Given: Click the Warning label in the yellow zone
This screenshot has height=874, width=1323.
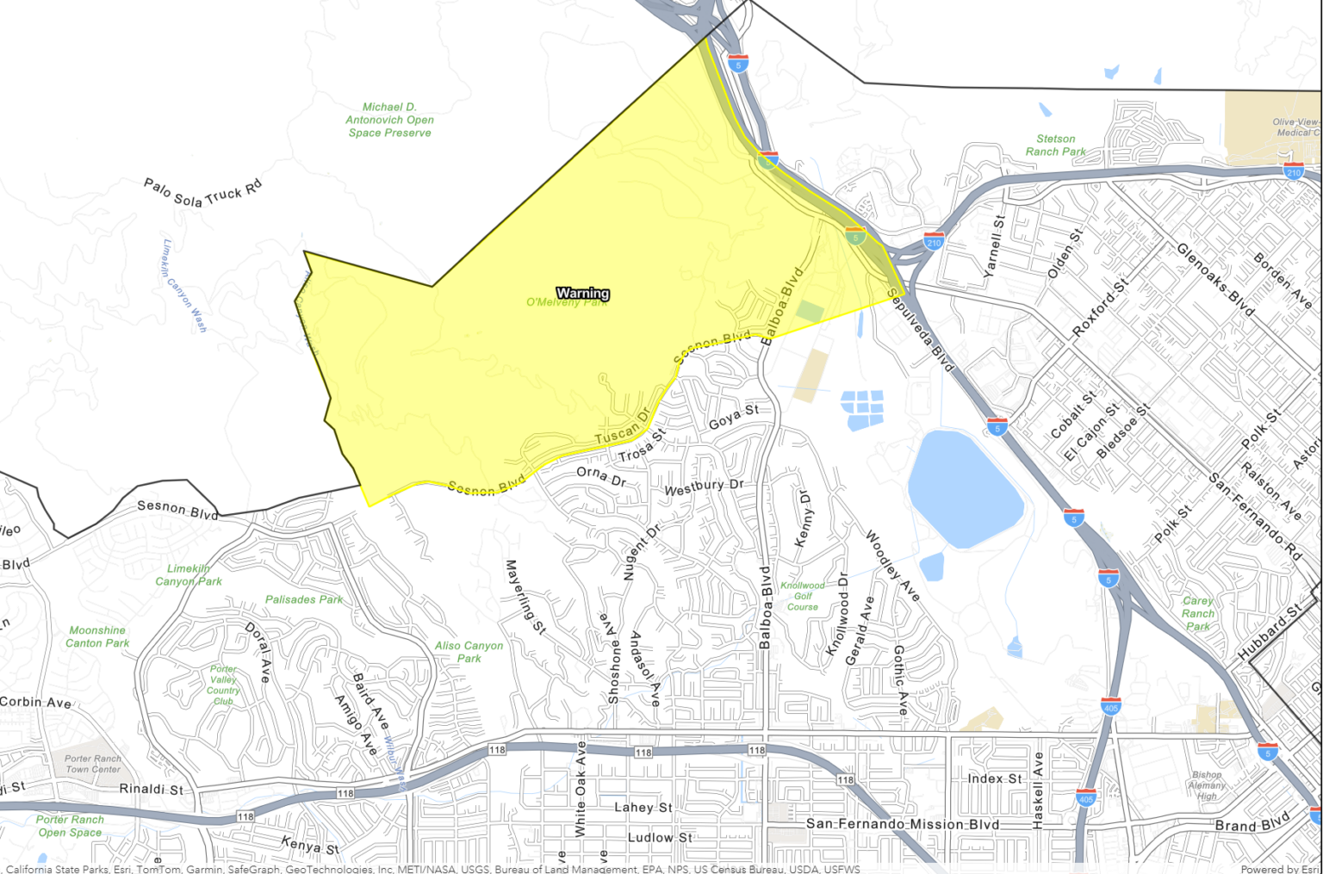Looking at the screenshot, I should [x=583, y=293].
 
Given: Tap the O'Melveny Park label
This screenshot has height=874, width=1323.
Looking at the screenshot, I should [x=566, y=302].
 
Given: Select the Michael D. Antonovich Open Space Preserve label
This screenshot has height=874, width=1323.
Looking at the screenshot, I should [x=389, y=120].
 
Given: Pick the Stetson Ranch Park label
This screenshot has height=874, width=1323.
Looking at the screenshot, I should [x=1055, y=145].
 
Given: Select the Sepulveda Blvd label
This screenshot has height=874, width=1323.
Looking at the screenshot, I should [x=920, y=331].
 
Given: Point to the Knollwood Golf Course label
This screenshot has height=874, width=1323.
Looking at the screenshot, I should [x=803, y=596].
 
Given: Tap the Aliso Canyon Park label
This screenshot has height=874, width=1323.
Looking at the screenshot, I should [x=469, y=652].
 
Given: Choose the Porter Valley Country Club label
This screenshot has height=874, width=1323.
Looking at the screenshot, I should [x=223, y=685].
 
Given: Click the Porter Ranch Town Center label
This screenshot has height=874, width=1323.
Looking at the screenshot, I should [x=93, y=764].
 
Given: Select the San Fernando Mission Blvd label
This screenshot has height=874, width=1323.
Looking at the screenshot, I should [x=903, y=824].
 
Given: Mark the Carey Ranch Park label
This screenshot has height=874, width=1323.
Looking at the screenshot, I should [x=1198, y=613].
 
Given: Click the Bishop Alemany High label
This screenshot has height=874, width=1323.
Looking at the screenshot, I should [x=1207, y=785].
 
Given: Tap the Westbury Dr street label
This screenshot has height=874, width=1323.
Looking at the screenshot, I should [x=704, y=487].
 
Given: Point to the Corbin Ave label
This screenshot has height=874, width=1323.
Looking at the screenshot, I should [x=35, y=702].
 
